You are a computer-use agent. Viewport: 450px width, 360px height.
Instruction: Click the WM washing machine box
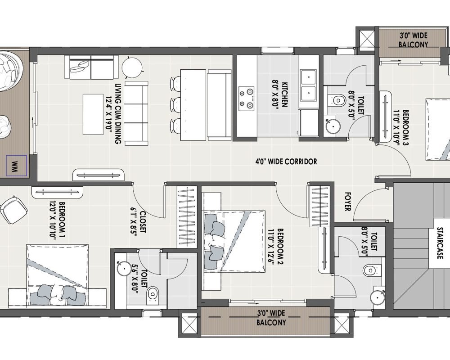[x=15, y=166]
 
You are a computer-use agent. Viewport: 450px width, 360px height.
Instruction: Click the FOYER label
[x=347, y=202]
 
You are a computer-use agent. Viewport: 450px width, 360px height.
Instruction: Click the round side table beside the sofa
[x=131, y=68]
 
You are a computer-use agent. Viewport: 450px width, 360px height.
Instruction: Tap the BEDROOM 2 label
[x=276, y=249]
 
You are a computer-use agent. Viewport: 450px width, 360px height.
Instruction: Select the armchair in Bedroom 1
[x=13, y=210]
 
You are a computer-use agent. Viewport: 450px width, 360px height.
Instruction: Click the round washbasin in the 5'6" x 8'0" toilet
[x=122, y=269]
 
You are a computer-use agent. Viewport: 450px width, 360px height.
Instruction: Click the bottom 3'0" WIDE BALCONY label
[x=271, y=318]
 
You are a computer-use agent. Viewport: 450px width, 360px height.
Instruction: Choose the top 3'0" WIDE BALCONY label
[x=413, y=40]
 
